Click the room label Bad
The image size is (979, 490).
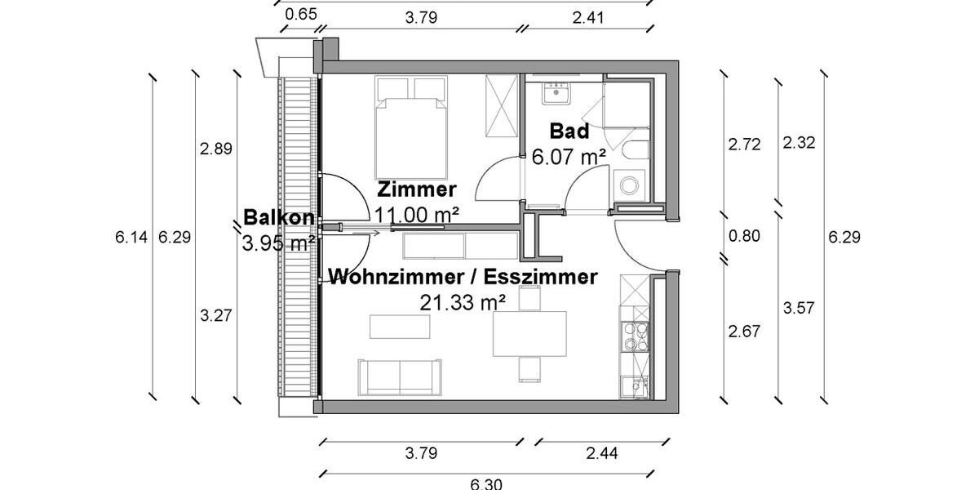coord(569,131)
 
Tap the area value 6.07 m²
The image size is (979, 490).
coord(569,157)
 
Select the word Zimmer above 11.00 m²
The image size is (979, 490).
coord(416,190)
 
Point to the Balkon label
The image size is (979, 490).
coord(279,218)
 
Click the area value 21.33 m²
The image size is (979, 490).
coord(463,303)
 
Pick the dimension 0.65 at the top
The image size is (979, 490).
coord(301,14)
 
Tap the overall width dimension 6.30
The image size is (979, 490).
coord(486,483)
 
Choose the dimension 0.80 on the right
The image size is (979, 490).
coord(743,237)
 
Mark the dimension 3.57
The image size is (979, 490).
coord(799,308)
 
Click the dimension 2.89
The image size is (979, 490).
coord(216,149)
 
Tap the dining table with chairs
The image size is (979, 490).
coord(529,333)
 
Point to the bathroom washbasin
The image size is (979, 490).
coord(559,93)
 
